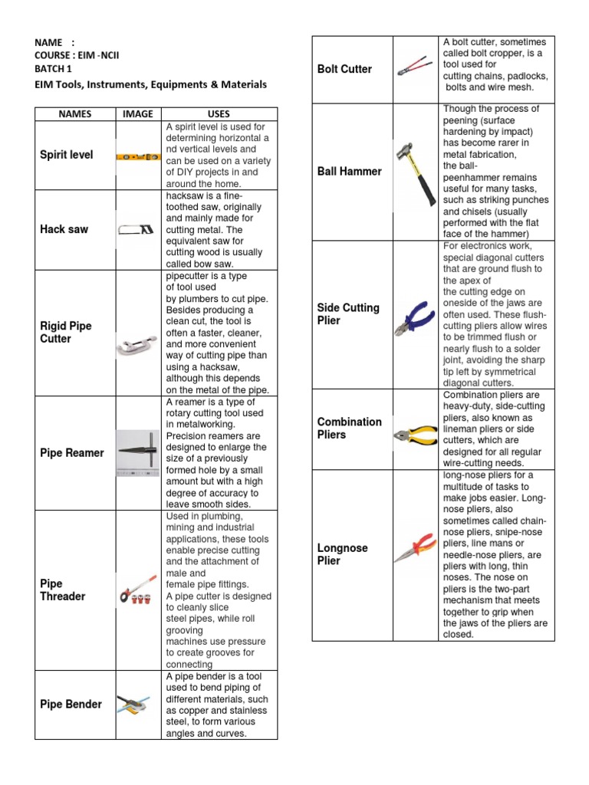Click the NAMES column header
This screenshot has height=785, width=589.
[x=74, y=113]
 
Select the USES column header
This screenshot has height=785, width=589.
[x=219, y=113]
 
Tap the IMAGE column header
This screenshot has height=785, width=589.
[x=138, y=113]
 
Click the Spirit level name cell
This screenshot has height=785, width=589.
[x=67, y=155]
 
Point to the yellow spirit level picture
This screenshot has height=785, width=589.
[x=138, y=156]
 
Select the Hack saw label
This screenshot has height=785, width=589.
[x=64, y=229]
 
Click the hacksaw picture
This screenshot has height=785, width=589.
[x=137, y=229]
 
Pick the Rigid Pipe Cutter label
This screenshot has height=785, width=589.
[x=66, y=332]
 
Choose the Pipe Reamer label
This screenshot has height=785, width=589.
[x=71, y=453]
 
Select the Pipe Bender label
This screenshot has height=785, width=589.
[x=71, y=705]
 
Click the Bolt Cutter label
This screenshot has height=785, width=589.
[x=344, y=69]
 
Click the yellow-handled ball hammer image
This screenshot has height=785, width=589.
[x=414, y=172]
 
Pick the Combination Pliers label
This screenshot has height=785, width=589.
[x=349, y=428]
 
